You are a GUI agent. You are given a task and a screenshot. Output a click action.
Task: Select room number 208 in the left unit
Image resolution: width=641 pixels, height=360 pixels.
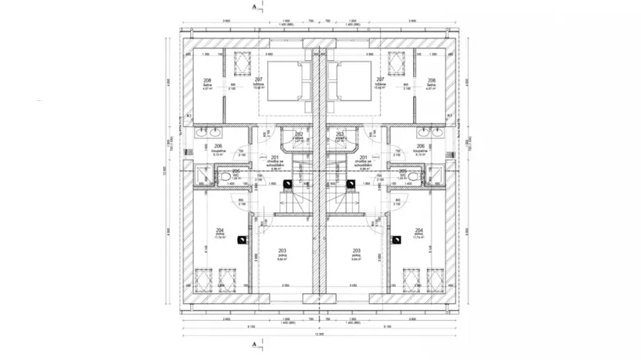coord(207,80)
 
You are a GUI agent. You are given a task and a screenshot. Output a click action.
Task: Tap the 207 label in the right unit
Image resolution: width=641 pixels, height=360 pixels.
coord(380,79)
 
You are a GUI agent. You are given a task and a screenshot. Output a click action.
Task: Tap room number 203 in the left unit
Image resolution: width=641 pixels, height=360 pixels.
coord(282,251)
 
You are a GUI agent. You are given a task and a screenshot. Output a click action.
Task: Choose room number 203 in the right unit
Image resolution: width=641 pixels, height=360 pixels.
coord(356,251)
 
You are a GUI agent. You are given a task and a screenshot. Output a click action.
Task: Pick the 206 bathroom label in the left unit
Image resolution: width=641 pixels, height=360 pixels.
coord(219,146)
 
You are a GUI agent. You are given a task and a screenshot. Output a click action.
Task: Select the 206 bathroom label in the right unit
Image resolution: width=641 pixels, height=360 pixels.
coord(421,146)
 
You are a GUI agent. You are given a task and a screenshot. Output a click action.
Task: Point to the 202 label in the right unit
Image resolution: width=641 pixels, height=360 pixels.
coord(339,133)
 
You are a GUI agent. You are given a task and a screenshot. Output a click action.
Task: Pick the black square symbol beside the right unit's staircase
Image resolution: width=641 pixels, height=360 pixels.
coord(351,183)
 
